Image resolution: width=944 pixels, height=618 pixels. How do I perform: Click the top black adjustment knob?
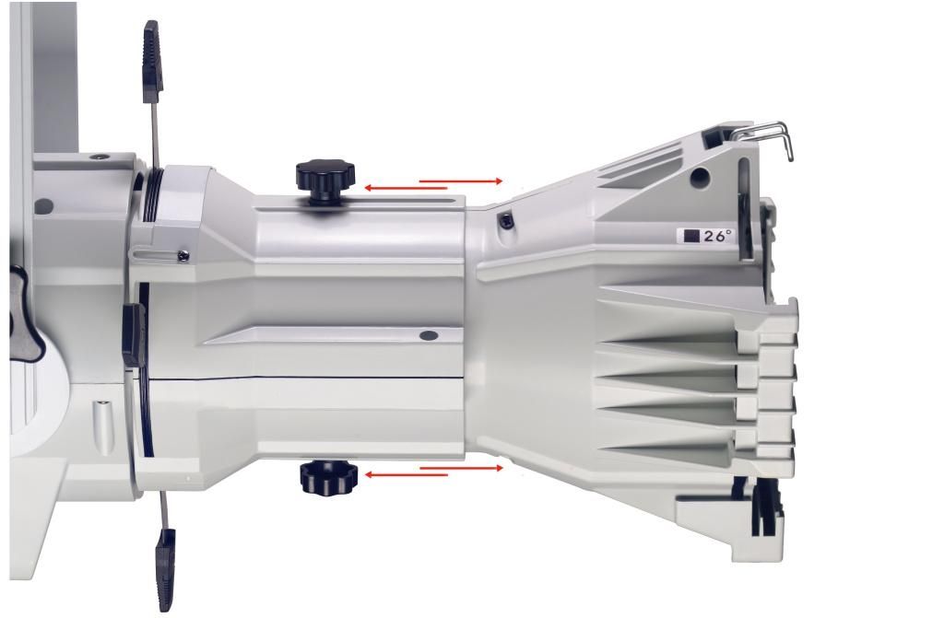point(325,180)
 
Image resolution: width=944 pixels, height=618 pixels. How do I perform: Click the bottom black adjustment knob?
point(329,476)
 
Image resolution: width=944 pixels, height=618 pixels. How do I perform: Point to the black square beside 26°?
point(691,236)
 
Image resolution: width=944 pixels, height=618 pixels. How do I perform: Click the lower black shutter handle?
point(166,568)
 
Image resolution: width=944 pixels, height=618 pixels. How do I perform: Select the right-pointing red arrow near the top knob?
point(461,181)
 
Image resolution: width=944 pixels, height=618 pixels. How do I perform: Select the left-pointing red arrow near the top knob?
point(406,189)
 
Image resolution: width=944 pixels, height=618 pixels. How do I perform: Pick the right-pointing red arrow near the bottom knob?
point(461,468)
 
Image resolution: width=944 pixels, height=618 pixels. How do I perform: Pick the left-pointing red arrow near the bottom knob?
point(407,475)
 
